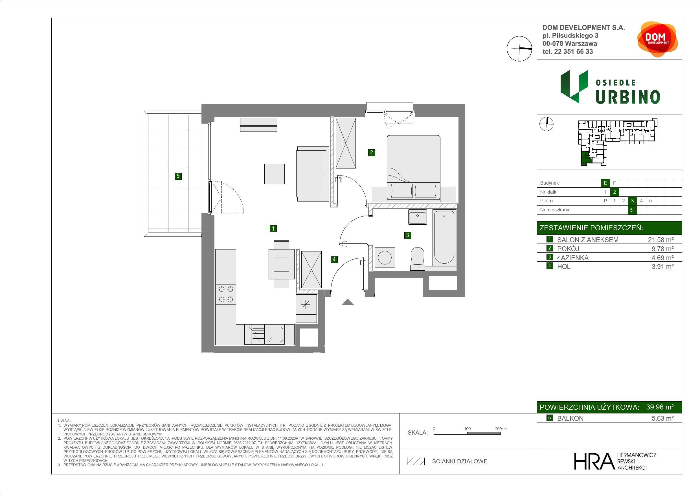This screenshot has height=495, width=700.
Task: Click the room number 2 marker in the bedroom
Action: (x=371, y=152)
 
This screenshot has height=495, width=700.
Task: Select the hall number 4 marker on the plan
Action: (x=334, y=259)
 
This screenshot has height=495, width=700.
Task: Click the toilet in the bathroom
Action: (x=417, y=259)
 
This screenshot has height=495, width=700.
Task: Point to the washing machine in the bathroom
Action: (x=385, y=257)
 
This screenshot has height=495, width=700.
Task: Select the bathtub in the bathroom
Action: (x=444, y=237)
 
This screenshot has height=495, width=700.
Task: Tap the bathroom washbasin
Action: (x=417, y=217)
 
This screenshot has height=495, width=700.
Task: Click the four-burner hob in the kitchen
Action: (x=226, y=294)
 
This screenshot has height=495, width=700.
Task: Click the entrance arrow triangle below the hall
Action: (x=348, y=303)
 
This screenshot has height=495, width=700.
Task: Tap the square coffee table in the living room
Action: (x=275, y=174)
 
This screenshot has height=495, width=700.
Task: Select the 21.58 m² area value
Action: (x=661, y=240)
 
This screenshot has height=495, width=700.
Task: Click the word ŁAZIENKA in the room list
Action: (x=573, y=258)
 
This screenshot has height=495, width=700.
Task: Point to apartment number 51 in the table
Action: (x=632, y=210)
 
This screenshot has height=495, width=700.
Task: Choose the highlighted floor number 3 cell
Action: (x=632, y=201)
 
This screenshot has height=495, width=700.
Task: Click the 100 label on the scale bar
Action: (x=468, y=428)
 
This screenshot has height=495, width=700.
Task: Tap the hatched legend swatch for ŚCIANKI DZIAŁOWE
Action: (x=416, y=461)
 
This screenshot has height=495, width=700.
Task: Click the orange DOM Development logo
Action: (x=657, y=39)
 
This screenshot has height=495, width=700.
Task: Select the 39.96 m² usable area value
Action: (x=660, y=407)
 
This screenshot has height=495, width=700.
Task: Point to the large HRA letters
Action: (x=594, y=461)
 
